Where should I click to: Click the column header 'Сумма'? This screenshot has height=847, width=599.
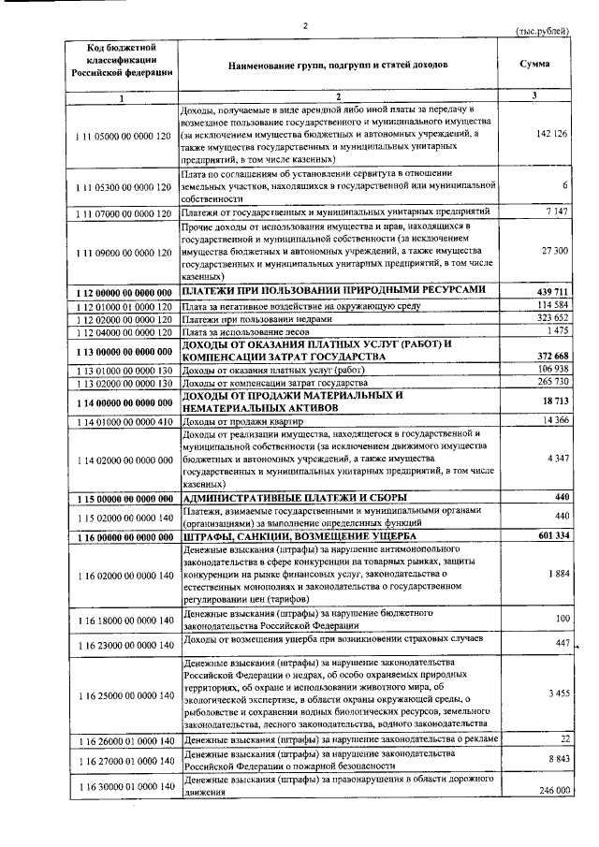pyautogui.click(x=534, y=64)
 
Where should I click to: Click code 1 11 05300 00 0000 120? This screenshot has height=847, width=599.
pyautogui.click(x=123, y=187)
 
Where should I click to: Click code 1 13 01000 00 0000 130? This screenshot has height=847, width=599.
pyautogui.click(x=123, y=371)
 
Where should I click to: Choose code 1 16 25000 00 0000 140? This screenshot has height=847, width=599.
pyautogui.click(x=123, y=695)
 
